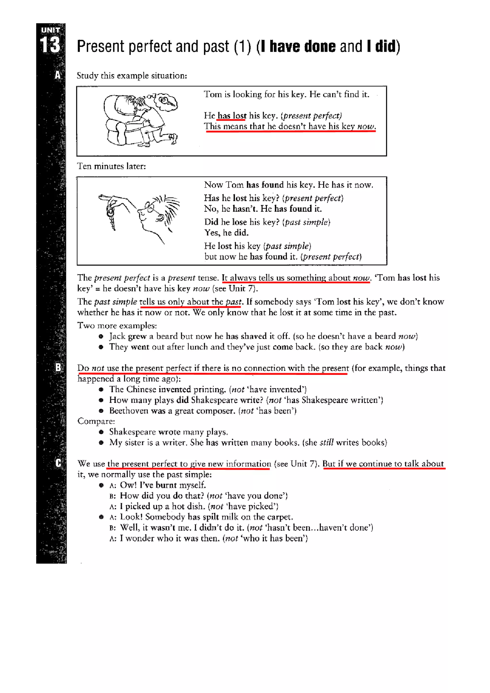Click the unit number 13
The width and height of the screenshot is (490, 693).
50,45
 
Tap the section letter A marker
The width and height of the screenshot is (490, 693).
58,75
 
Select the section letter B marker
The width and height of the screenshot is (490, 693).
58,367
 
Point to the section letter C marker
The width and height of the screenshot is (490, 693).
58,463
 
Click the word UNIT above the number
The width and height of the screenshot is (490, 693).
50,30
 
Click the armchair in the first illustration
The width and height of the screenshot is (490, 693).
121,121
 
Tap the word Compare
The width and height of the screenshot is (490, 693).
96,421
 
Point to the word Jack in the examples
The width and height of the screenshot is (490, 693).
117,336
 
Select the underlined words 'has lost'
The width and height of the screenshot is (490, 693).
232,116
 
